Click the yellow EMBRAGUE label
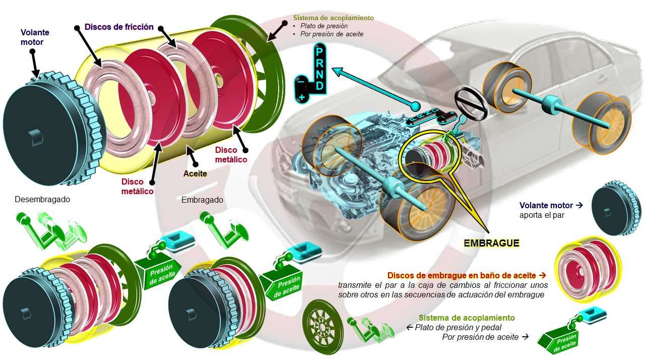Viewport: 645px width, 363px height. click(491, 243)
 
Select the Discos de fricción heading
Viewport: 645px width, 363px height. click(119, 27)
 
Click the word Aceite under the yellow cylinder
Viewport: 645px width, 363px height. click(195, 173)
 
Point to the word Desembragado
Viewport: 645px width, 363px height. click(42, 199)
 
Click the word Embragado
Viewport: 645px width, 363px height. click(202, 200)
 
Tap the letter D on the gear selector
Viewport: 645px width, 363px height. click(319, 86)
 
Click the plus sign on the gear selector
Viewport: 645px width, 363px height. click(301, 96)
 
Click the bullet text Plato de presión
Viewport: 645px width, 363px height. click(324, 26)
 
